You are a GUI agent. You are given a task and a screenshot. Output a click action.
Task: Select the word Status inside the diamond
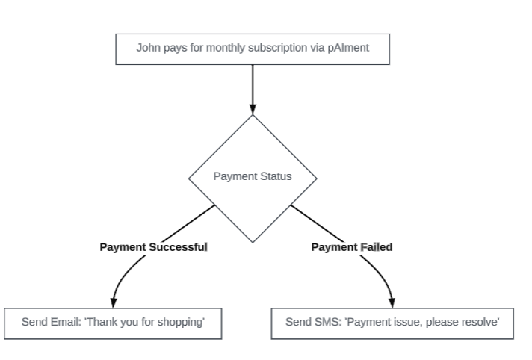pos(274,177)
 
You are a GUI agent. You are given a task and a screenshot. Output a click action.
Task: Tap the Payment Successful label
pos(153,246)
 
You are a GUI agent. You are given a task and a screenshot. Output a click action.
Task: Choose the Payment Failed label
pos(351,246)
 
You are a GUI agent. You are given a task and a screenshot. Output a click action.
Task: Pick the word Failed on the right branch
pos(377,246)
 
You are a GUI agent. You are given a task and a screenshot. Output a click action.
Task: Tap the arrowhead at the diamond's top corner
pos(253,109)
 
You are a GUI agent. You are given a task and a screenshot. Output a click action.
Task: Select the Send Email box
pos(113,323)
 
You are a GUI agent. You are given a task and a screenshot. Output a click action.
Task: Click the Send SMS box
pos(392,323)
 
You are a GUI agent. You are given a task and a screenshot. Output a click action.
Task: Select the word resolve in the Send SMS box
pos(480,323)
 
